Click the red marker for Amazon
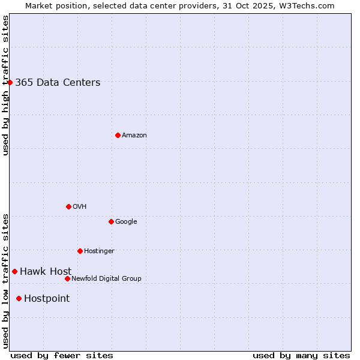(118, 135)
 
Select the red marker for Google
(111, 221)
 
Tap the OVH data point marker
(68, 206)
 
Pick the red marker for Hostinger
(80, 251)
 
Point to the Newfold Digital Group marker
(67, 278)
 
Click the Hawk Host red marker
(14, 271)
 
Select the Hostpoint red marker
(19, 298)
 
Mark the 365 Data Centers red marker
(10, 82)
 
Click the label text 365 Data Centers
(58, 83)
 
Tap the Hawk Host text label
(46, 272)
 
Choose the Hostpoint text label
(47, 299)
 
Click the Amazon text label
(134, 136)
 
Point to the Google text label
(126, 222)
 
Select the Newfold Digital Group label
(106, 278)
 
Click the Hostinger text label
(99, 251)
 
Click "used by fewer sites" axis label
(62, 355)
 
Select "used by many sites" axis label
(301, 355)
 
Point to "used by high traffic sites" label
(5, 85)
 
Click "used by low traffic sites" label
(5, 280)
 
